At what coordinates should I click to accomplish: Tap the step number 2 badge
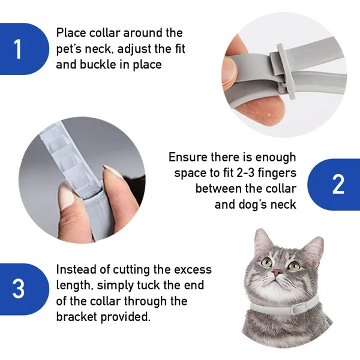point(338,184)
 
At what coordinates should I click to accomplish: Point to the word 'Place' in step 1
point(71,33)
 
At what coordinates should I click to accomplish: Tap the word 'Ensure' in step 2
point(188,157)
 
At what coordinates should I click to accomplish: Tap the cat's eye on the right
point(293,265)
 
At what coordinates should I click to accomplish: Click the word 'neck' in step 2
point(282,205)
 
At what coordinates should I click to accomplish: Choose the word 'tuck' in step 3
point(152,285)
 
